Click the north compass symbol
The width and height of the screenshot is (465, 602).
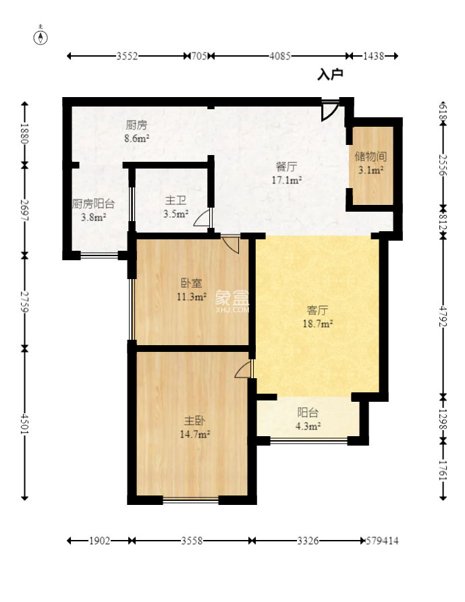pos(40,36)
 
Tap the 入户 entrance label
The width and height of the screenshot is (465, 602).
pos(330,74)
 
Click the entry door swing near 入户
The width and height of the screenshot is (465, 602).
pos(330,110)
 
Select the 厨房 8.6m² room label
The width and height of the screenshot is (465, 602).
pos(136,131)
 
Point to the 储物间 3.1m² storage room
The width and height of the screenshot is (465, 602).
pos(371,163)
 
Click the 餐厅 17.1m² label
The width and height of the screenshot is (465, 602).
pos(287,173)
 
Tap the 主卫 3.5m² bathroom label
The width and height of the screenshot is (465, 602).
pos(175,208)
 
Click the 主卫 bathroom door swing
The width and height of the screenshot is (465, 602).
pos(202,218)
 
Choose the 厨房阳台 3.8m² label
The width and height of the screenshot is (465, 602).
pos(93,210)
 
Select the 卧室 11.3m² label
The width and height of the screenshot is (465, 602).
pos(192,290)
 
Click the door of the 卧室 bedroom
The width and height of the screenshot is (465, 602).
pos(231,245)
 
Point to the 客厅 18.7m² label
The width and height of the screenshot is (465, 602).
pos(317,317)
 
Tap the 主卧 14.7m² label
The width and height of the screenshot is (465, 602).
pos(194,427)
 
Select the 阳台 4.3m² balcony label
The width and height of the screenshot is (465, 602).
pos(308,419)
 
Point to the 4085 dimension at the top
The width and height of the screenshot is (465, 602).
pos(280,56)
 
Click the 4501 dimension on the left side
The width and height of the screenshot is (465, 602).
pos(24,424)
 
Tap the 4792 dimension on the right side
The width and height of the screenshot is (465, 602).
pos(443,316)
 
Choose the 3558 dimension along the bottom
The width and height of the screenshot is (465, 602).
pos(192,541)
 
